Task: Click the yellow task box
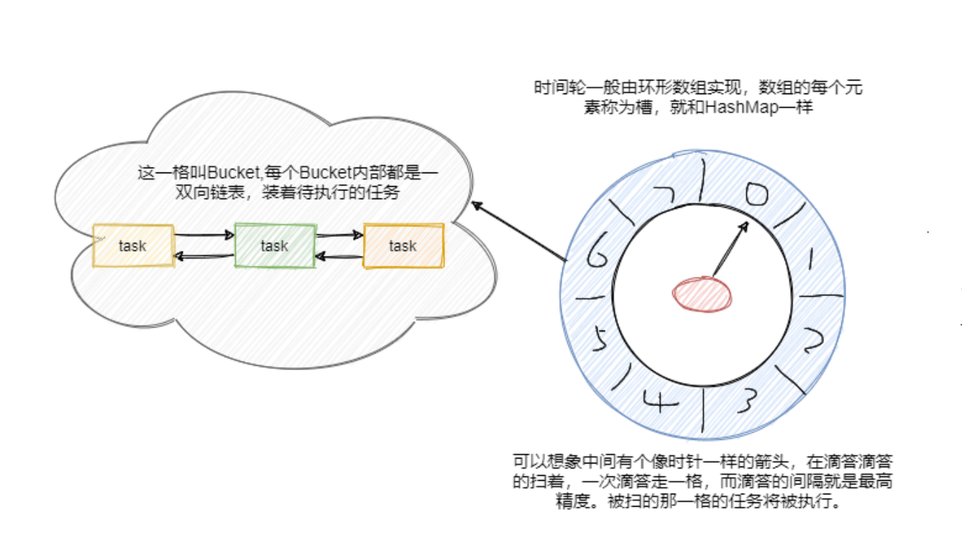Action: coord(133,246)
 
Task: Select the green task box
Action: coord(275,246)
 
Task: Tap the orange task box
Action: coord(403,246)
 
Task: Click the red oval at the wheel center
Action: coord(702,293)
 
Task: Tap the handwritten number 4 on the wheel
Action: coord(662,402)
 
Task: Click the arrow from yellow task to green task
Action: coord(205,234)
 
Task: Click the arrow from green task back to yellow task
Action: coord(205,257)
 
